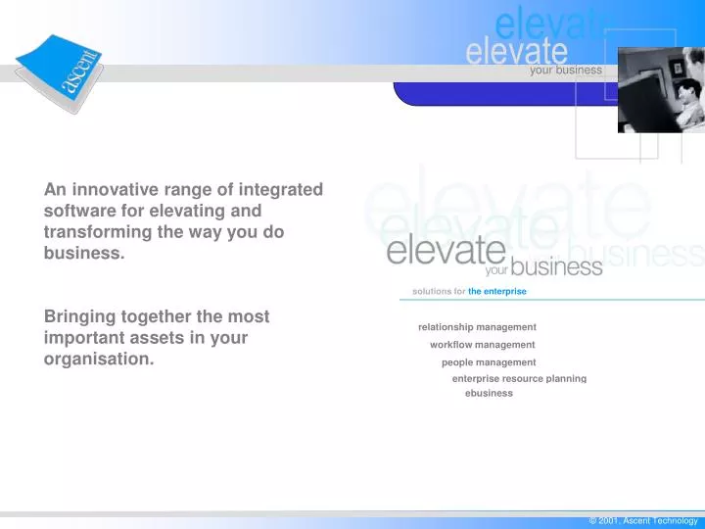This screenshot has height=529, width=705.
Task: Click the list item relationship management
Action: click(477, 327)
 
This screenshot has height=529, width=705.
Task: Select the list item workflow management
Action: click(482, 345)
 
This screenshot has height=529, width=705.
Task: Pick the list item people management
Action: click(489, 362)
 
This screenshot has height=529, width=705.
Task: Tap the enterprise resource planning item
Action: click(519, 378)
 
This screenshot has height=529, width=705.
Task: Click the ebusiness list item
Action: click(489, 394)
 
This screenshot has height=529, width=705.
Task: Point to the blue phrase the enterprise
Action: click(497, 292)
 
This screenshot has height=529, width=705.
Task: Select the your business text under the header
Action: click(565, 71)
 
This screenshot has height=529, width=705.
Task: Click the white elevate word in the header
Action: click(516, 49)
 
